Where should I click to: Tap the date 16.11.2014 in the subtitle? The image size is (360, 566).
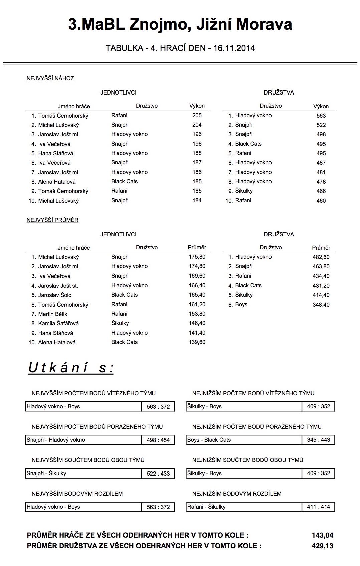(x=234, y=48)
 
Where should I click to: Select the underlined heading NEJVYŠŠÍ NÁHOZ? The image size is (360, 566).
(x=50, y=79)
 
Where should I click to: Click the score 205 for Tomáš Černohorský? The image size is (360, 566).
(x=197, y=115)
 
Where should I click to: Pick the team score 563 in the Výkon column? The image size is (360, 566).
(x=321, y=116)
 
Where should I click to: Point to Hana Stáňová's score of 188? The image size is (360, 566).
(x=197, y=153)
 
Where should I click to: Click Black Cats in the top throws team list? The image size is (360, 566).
(x=248, y=144)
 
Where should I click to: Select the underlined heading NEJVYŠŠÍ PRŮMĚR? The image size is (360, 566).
(x=53, y=220)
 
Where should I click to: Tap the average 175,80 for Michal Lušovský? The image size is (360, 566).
(x=197, y=257)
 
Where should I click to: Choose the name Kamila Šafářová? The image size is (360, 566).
(x=58, y=323)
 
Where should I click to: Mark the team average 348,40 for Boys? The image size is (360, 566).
(x=321, y=305)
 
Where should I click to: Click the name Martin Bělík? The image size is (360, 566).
(x=53, y=314)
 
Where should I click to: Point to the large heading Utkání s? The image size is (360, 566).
(x=71, y=368)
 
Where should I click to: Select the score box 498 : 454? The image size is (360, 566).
(x=158, y=440)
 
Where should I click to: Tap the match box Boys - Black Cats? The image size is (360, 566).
(x=244, y=440)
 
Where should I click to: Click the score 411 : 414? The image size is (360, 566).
(x=318, y=507)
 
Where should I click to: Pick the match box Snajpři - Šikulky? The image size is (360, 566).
(x=83, y=473)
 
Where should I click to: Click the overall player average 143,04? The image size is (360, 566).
(x=322, y=535)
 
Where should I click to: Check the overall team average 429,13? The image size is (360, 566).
(x=322, y=546)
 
